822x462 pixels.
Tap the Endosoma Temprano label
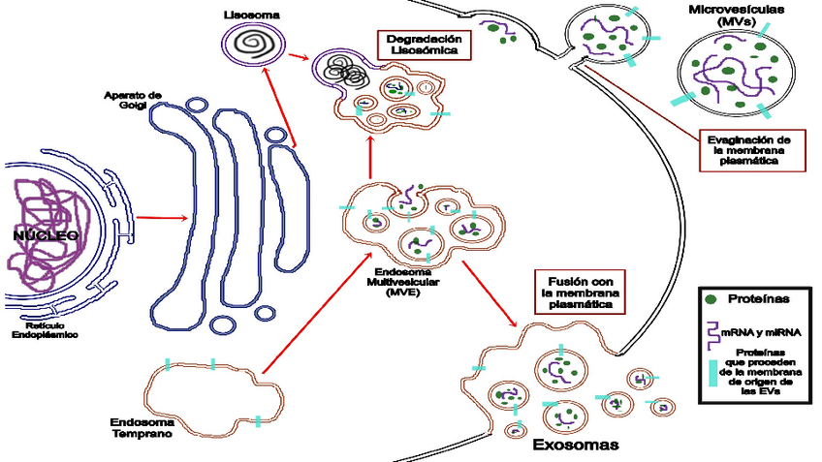point(142,429)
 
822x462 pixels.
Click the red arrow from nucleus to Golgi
point(160,217)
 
